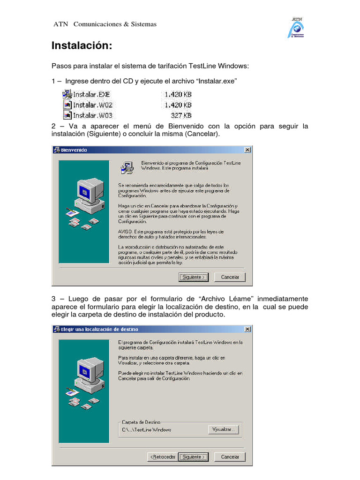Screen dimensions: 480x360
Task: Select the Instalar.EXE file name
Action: pos(91,94)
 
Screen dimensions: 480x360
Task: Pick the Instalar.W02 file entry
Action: pos(92,105)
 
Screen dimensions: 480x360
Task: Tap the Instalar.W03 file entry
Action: pos(92,115)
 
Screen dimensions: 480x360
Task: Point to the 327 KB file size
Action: pos(180,115)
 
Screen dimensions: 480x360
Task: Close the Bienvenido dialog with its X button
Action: pos(247,150)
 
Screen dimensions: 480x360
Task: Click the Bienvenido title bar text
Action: pos(74,150)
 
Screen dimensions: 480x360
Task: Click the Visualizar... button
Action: pos(224,429)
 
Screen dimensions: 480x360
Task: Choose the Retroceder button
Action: pos(162,457)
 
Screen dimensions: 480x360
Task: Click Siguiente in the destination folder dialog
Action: pos(193,457)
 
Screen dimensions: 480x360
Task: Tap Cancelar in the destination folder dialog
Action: pos(230,457)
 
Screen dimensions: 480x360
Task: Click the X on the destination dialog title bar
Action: pos(247,329)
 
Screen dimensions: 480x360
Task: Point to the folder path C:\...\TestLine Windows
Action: pos(146,430)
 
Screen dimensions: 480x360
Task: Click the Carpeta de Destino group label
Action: pos(141,422)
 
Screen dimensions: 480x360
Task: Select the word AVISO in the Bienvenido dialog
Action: pos(124,231)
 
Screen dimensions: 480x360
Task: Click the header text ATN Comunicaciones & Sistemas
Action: pos(105,24)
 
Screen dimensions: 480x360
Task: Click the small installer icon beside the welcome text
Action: pos(127,168)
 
